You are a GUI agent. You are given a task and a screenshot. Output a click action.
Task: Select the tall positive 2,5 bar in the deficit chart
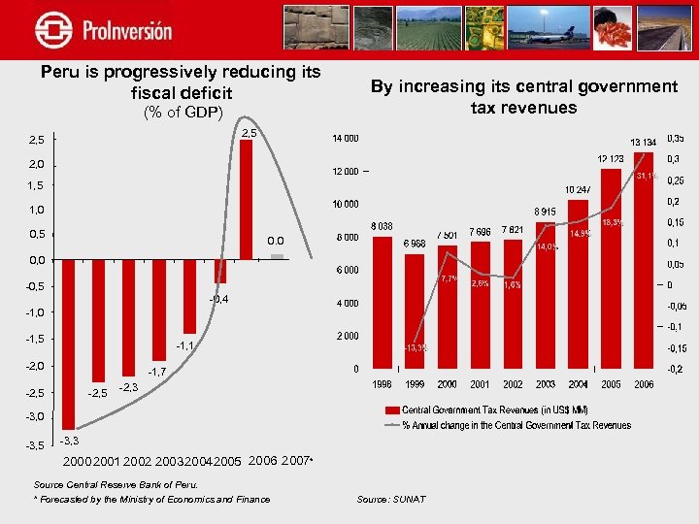point(247,199)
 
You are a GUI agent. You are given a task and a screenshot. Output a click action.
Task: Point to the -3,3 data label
point(71,442)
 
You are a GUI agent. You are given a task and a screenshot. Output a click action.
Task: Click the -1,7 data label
point(157,372)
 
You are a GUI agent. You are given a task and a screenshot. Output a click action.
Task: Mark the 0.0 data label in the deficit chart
point(276,241)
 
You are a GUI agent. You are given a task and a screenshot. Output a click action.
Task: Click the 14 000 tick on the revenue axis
point(345,138)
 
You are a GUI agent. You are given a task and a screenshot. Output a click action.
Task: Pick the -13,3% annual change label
point(416,347)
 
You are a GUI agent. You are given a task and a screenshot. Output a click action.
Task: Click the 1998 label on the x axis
point(383,384)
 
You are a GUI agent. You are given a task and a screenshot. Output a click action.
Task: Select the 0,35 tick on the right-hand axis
point(674,138)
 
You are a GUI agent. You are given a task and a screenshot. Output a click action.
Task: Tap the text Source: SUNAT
point(391,499)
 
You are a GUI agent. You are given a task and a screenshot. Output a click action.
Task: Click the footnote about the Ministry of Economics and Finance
point(152,499)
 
